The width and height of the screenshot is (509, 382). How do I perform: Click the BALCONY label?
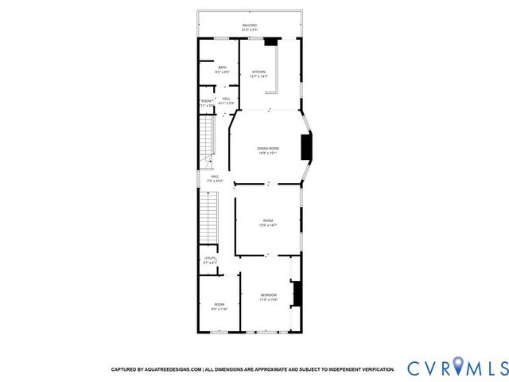click(250, 25)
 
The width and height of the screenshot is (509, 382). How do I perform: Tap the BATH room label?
click(222, 67)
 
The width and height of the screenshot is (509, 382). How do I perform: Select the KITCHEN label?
click(259, 72)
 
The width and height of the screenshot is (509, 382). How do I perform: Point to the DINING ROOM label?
click(267, 148)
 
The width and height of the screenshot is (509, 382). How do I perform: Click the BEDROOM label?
click(268, 295)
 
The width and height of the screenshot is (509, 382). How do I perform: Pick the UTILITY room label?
click(210, 258)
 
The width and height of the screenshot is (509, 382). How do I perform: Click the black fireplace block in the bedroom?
click(297, 294)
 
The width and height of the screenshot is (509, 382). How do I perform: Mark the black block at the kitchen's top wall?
click(272, 41)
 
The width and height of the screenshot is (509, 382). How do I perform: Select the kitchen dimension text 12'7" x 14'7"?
click(259, 76)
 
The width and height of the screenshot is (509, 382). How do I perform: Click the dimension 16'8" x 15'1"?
click(267, 153)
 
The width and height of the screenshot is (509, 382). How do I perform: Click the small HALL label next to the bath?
click(227, 98)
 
